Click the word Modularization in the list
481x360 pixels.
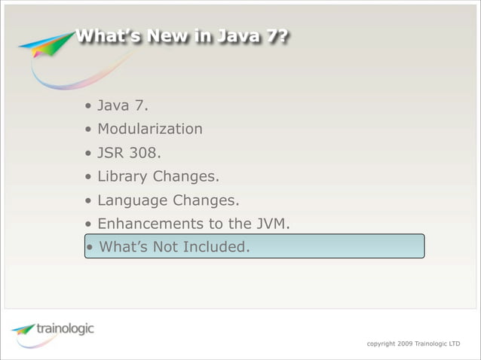(150, 129)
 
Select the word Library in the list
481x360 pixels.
(123, 177)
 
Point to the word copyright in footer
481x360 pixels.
(381, 343)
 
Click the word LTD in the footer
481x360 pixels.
(454, 343)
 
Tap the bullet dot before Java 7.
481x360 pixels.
(89, 106)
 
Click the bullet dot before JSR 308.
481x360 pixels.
(89, 154)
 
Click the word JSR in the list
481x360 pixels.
(112, 153)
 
